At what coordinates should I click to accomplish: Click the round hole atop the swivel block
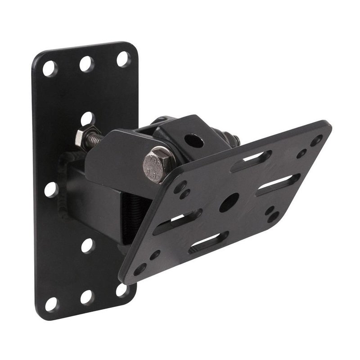pos(194,141)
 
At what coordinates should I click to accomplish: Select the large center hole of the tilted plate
pos(229,202)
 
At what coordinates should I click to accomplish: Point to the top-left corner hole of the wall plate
pos(49,68)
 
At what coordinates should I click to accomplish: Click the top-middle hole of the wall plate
pos(87,63)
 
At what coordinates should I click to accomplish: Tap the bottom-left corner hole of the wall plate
pos(51,304)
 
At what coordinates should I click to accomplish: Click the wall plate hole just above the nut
pos(87,119)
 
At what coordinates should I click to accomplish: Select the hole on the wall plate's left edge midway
pos(51,189)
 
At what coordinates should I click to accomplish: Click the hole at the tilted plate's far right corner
pos(316,140)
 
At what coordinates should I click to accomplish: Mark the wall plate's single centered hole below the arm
pos(87,245)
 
